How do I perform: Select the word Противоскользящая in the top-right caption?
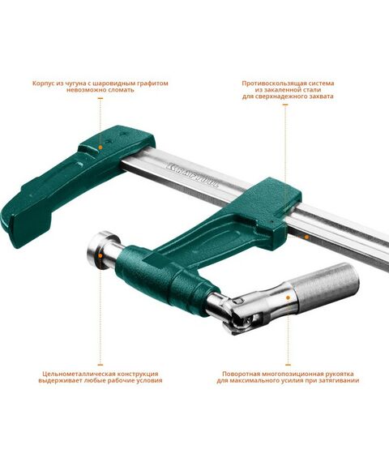pyautogui.click(x=273, y=83)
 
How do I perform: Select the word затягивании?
pyautogui.click(x=340, y=381)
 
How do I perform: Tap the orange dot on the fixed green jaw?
pyautogui.click(x=100, y=148)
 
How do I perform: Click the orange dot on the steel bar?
pyautogui.click(x=306, y=236)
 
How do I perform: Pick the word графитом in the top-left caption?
pyautogui.click(x=147, y=83)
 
